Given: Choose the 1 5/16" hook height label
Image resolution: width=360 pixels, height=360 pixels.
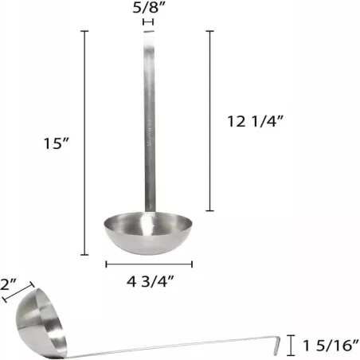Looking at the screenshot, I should pos(327,346).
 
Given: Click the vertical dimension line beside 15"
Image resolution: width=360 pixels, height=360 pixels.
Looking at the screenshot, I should pos(85,143).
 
